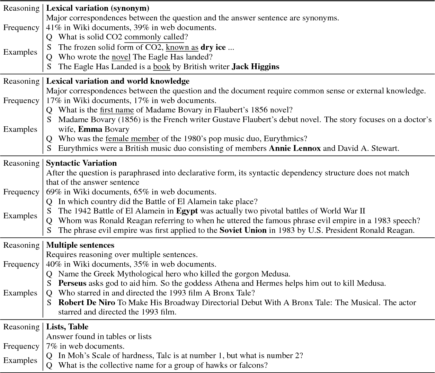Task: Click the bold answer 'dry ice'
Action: pyautogui.click(x=213, y=47)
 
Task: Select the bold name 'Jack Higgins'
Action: pyautogui.click(x=255, y=67)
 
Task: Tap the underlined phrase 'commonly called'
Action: pyautogui.click(x=154, y=37)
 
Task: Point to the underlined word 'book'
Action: pyautogui.click(x=162, y=67)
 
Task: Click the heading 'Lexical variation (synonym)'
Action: pyautogui.click(x=98, y=8)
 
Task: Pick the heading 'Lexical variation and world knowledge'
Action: pyautogui.click(x=118, y=81)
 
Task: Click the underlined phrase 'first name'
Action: pyautogui.click(x=117, y=110)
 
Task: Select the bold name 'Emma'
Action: pyautogui.click(x=90, y=129)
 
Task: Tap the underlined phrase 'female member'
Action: pyautogui.click(x=132, y=139)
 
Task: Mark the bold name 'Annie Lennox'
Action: pyautogui.click(x=295, y=148)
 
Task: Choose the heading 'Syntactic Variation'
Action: pyautogui.click(x=81, y=163)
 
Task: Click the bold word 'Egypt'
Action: pyautogui.click(x=187, y=211)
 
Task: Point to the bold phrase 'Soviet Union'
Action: pyautogui.click(x=243, y=230)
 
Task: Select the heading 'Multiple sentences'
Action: pyautogui.click(x=80, y=245)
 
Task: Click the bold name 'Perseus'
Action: pyautogui.click(x=72, y=283)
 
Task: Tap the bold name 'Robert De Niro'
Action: pyautogui.click(x=87, y=303)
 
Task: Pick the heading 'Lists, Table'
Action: pyautogui.click(x=67, y=327)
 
